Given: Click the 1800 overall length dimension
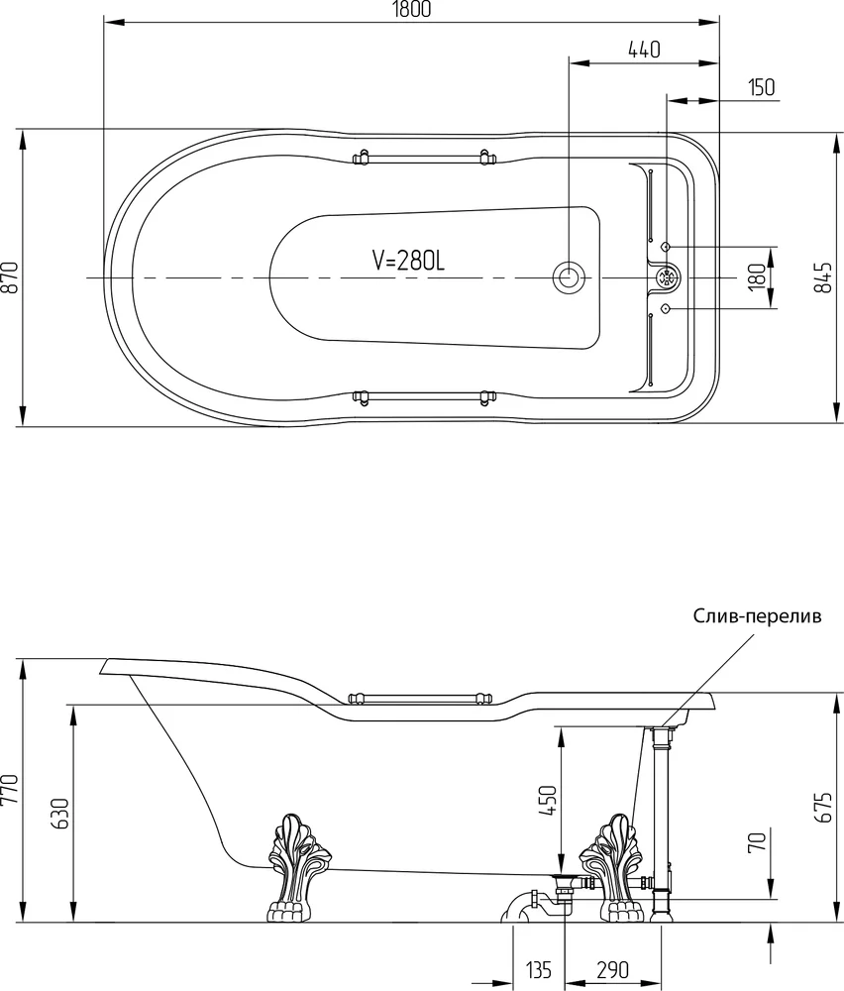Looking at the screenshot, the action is click(x=411, y=10).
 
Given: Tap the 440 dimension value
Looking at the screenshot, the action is click(x=644, y=50).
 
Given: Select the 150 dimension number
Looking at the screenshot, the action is click(x=761, y=87).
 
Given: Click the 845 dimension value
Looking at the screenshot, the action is click(x=822, y=277).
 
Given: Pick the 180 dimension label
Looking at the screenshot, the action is click(x=756, y=277).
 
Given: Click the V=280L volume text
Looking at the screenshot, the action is click(x=408, y=260).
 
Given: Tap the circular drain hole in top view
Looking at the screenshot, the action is click(x=570, y=277).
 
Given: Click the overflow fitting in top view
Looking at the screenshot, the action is click(x=667, y=277).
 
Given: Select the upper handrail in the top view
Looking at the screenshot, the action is click(x=423, y=157).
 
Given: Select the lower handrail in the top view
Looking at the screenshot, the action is click(x=423, y=397).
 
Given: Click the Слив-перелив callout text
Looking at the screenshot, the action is click(x=758, y=616).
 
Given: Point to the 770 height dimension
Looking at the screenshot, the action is click(x=11, y=790).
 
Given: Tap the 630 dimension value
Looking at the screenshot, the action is click(x=58, y=814).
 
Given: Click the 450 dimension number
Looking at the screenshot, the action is click(x=548, y=802).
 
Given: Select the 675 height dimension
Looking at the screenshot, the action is click(x=823, y=807).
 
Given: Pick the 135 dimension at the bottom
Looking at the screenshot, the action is click(x=538, y=969).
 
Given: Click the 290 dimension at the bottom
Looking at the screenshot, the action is click(x=612, y=969).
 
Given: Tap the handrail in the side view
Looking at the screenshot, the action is click(x=421, y=699).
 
